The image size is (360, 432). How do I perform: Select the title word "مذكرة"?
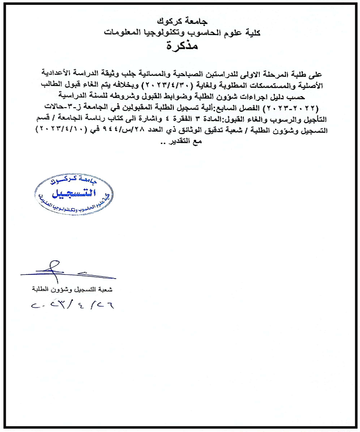[180, 46]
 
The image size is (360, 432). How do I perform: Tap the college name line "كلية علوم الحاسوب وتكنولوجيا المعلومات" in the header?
[180, 33]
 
